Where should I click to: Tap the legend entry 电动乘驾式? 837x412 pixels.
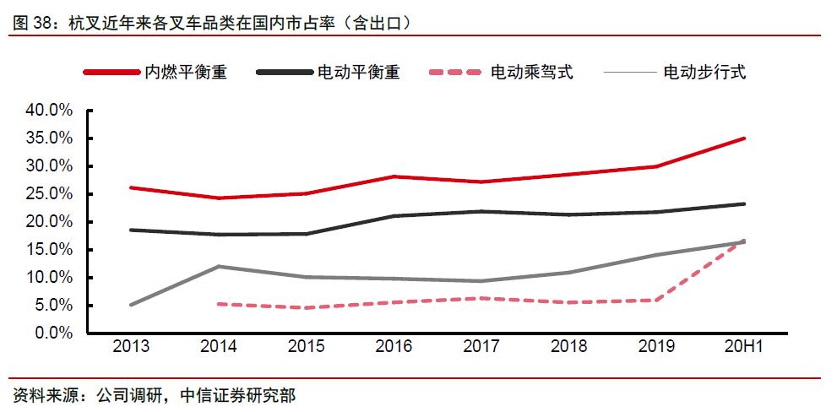[531, 72]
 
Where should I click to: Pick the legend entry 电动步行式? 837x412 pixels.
[704, 72]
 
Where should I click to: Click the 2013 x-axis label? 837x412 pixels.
[131, 348]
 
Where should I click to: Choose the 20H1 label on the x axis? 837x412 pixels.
[743, 348]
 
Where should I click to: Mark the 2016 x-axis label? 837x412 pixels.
[394, 348]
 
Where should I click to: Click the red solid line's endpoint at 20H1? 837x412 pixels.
[744, 138]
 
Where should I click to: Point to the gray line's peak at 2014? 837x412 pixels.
[219, 266]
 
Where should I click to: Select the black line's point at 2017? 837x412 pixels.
[481, 211]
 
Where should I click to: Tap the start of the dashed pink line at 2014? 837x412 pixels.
[219, 304]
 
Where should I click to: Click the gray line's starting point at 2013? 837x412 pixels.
[131, 305]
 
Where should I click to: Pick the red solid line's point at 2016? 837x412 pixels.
[394, 176]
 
